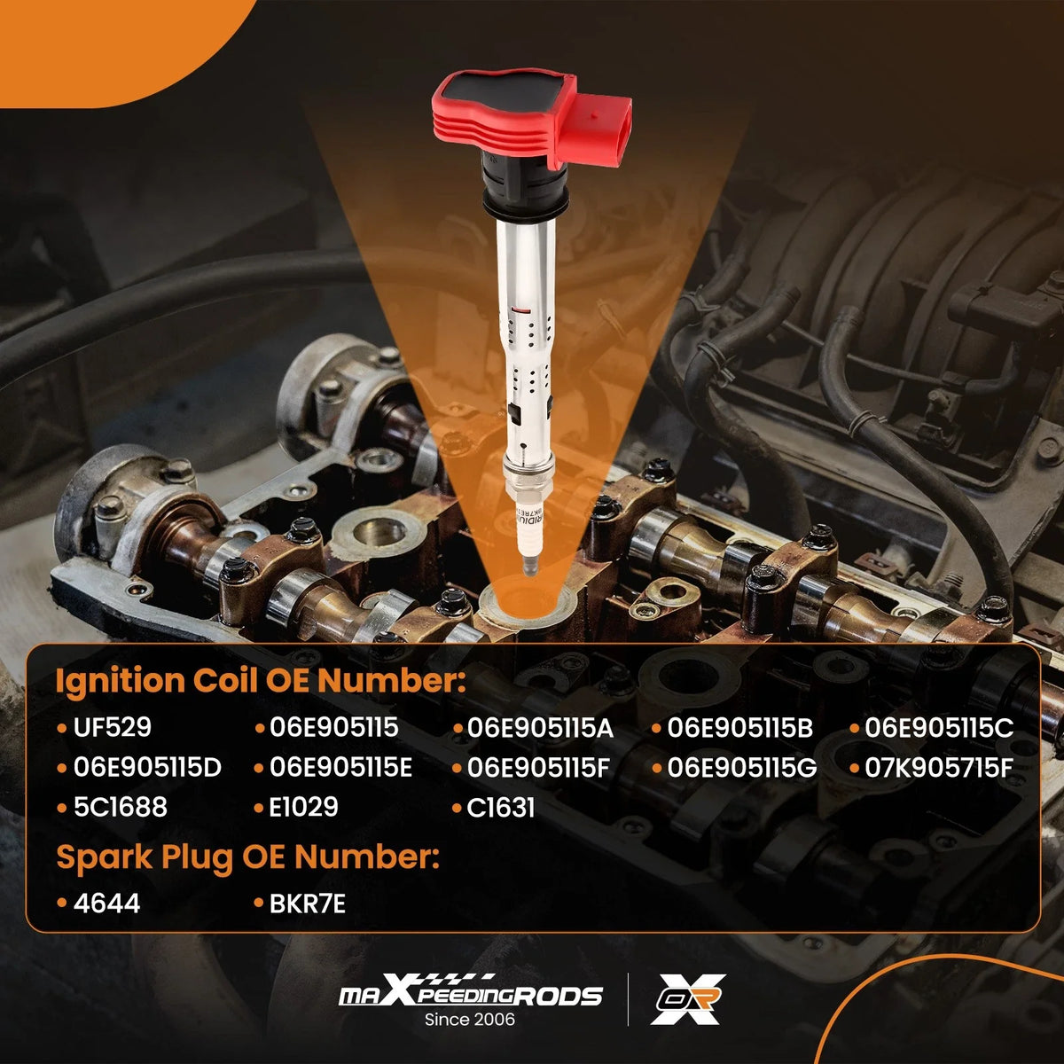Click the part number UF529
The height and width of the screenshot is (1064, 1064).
(x=112, y=727)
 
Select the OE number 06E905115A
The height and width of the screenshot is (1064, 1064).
(x=540, y=728)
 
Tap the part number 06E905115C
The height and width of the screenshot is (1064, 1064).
(x=939, y=728)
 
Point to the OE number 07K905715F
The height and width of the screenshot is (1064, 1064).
(x=939, y=768)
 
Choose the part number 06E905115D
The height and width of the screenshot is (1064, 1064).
(x=147, y=768)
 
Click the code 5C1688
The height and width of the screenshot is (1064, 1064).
(x=121, y=807)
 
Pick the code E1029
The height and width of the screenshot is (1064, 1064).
(x=304, y=807)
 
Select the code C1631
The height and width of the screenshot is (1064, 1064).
(x=501, y=808)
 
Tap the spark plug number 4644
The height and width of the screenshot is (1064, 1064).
(x=106, y=904)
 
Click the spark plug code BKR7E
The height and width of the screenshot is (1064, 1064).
(x=307, y=904)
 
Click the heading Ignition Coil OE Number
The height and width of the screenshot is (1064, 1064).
(x=261, y=681)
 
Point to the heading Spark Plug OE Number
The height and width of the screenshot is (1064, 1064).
(x=248, y=857)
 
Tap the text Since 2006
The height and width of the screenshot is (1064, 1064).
(x=470, y=1020)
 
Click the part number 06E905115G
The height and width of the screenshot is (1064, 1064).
(x=741, y=768)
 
